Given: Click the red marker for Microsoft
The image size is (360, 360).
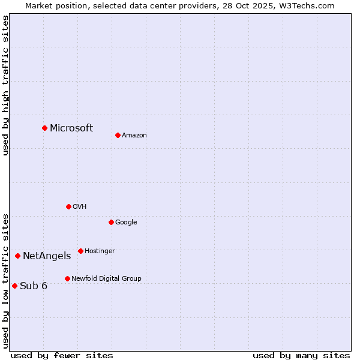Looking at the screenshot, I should click(44, 128).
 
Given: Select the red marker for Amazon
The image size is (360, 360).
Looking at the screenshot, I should click(118, 135).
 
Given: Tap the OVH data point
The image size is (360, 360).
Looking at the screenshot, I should click(68, 206).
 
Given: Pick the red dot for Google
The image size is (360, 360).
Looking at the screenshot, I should click(111, 222).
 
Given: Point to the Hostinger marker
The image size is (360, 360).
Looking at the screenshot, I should click(80, 251).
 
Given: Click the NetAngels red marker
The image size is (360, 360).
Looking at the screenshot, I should click(17, 256).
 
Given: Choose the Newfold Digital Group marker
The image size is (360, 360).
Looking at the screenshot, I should click(67, 278).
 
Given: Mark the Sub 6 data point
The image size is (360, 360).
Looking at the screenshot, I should click(14, 286).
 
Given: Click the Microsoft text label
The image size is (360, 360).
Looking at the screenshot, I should click(71, 128).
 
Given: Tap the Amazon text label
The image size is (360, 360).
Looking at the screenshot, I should click(134, 136).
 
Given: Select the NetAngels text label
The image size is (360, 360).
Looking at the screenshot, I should click(47, 256).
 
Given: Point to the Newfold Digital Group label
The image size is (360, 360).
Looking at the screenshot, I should click(106, 278).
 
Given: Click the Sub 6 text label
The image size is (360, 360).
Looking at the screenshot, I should click(34, 286).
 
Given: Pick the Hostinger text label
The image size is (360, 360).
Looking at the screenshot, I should click(100, 251).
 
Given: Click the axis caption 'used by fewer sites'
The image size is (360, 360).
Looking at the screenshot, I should click(62, 355).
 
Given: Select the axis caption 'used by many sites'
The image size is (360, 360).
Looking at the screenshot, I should click(301, 355).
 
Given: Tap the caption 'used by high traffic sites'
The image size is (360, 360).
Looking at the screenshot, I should click(6, 85).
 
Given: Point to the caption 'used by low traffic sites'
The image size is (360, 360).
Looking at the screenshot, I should click(6, 280).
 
